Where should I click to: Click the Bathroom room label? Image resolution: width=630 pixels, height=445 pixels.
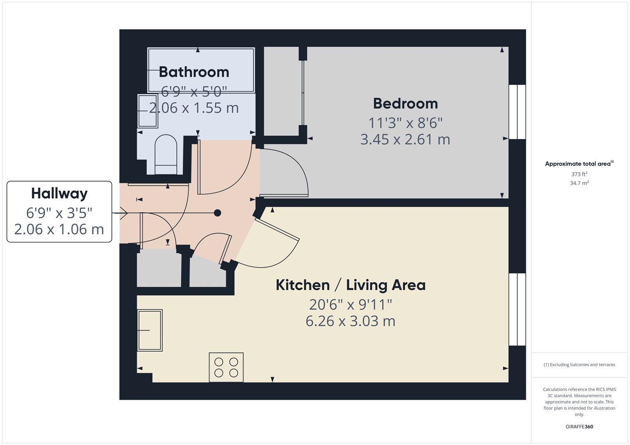193,72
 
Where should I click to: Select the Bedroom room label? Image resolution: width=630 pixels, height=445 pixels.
405,103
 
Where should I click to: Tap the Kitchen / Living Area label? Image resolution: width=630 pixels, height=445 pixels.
350,285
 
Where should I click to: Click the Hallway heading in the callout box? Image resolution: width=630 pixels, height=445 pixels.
59,193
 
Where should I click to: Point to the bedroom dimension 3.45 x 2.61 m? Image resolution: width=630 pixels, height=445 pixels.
405,139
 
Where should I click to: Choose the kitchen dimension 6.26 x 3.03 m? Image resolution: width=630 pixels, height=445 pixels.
350,321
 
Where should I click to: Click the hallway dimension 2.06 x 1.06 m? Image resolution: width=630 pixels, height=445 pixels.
59,229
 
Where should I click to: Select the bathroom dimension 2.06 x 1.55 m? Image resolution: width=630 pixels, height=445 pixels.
193,108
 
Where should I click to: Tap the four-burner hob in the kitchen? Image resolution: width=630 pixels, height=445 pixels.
226,367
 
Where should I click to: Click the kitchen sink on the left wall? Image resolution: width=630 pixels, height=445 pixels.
150,330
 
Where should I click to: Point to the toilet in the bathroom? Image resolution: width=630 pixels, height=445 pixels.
166,155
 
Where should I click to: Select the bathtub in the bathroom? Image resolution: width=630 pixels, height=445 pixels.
201,70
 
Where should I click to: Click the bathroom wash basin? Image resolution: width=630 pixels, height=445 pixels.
147,111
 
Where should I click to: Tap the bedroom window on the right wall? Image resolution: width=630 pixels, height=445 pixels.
517,112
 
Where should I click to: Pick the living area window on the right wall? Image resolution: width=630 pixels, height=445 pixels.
517,309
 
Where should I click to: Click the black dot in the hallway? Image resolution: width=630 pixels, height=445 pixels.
217,213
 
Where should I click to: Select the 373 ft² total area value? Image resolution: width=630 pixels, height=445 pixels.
579,174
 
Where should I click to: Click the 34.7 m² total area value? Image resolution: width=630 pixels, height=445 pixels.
579,183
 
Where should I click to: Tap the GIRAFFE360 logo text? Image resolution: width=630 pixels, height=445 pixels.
579,426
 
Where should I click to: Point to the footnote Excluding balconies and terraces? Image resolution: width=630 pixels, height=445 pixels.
579,365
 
